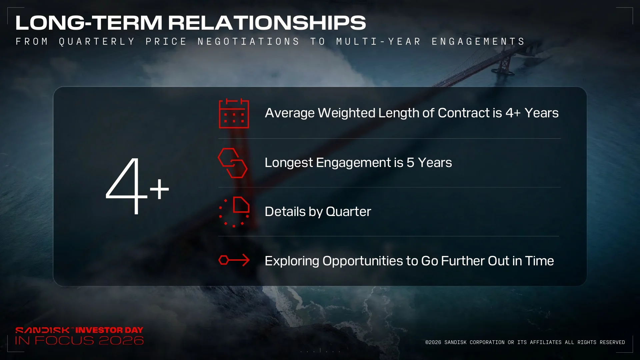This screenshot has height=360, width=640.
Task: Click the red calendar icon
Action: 234,113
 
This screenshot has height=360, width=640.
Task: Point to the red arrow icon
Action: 234,260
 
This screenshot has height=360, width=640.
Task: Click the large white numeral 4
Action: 127,186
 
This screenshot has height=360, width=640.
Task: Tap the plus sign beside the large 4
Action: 159,189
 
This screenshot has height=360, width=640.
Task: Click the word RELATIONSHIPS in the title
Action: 267,23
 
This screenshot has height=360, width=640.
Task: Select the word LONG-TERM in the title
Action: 89,23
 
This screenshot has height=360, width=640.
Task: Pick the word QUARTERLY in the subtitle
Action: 97,41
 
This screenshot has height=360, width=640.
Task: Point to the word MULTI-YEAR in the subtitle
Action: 379,41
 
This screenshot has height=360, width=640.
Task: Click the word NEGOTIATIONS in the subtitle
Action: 248,41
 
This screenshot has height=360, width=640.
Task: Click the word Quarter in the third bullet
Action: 348,212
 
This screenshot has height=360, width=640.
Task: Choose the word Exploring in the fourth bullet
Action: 292,261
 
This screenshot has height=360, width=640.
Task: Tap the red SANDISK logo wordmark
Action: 42,330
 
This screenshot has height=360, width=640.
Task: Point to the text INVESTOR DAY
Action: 109,330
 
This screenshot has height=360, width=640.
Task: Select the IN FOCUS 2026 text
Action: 79,340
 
